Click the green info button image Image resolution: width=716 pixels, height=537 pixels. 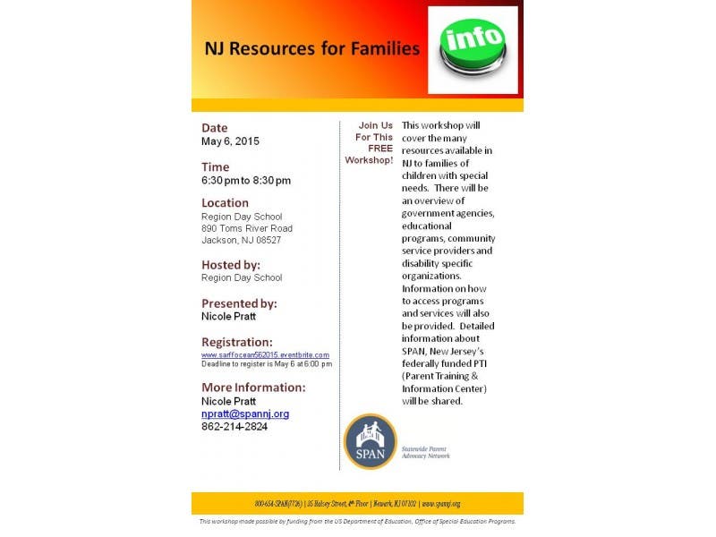(x=473, y=49)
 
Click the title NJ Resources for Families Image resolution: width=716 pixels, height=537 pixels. (x=311, y=48)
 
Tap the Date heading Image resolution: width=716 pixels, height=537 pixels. (x=215, y=128)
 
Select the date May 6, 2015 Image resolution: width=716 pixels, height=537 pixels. (x=230, y=141)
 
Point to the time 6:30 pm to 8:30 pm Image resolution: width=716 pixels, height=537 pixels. (x=246, y=180)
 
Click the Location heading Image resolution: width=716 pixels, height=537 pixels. (x=225, y=202)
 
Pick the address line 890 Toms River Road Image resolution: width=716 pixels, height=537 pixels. (x=247, y=228)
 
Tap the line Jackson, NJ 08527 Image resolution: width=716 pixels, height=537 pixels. (x=242, y=240)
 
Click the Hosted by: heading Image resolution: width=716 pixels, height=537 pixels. (x=231, y=264)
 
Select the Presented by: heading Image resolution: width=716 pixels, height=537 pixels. (x=239, y=303)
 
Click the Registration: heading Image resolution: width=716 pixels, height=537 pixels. (x=236, y=342)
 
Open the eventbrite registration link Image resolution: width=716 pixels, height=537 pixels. (x=265, y=355)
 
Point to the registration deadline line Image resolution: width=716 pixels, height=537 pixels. (x=267, y=364)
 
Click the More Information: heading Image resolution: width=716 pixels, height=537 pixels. (x=253, y=388)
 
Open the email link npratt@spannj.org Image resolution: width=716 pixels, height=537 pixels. (x=245, y=413)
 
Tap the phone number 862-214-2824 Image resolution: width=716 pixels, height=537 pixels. (x=234, y=426)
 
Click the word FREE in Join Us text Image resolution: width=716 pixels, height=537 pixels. (x=380, y=149)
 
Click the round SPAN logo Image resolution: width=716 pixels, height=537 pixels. (x=370, y=441)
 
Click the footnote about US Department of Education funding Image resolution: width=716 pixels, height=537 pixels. (x=357, y=521)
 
